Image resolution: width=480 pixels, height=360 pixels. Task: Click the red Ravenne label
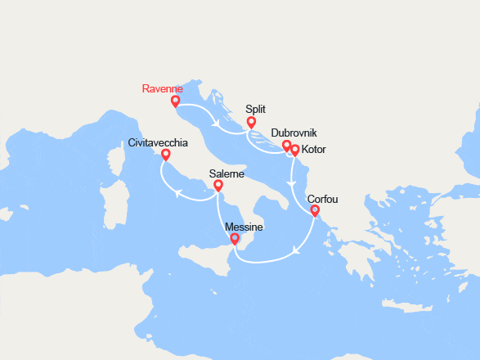click(x=161, y=88)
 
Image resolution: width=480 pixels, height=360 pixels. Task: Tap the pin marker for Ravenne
click(x=175, y=101)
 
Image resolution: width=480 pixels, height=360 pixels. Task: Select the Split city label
click(x=256, y=109)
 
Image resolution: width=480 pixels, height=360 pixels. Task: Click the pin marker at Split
click(x=252, y=122)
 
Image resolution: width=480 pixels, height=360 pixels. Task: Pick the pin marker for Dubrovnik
click(x=286, y=146)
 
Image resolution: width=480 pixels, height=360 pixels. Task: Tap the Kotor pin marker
click(x=295, y=150)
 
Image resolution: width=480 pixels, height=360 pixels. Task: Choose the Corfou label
click(x=321, y=199)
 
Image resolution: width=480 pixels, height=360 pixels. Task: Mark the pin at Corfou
click(x=315, y=210)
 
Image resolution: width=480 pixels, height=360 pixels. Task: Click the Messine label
click(x=243, y=227)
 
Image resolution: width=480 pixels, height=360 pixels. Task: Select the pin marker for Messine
click(x=236, y=239)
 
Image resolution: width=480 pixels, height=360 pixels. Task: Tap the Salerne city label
click(x=226, y=173)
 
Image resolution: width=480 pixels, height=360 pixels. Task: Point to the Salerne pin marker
click(x=218, y=186)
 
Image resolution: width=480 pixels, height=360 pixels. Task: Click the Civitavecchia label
click(x=158, y=142)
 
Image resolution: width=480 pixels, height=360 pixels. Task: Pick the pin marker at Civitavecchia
click(x=165, y=154)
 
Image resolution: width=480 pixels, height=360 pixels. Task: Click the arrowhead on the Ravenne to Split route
click(x=216, y=124)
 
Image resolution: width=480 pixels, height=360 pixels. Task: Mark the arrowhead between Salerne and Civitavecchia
click(x=176, y=192)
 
